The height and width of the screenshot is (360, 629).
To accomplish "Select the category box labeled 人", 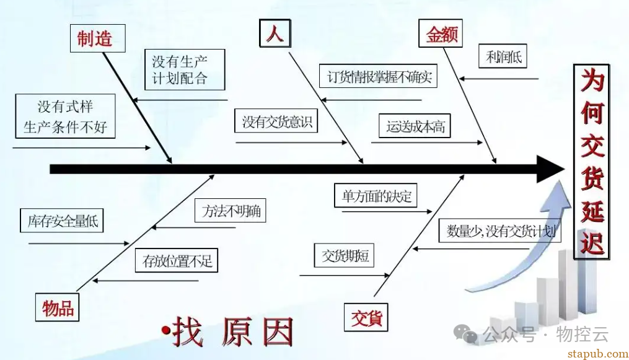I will [275, 33].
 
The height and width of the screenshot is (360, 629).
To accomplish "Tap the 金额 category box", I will [442, 34].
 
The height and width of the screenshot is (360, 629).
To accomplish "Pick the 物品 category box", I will [58, 308].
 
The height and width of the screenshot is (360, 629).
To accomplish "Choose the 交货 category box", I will [367, 318].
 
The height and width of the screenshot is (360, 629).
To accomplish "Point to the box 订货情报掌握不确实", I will [378, 77].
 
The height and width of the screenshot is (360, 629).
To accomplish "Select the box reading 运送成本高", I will [415, 126].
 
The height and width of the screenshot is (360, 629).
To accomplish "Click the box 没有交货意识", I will [276, 121].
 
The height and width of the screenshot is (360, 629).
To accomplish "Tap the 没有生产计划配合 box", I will [180, 70].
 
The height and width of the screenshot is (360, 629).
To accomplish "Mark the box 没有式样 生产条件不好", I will [66, 116].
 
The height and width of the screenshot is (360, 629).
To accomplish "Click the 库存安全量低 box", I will [62, 221].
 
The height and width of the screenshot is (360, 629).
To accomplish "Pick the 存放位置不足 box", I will [177, 260].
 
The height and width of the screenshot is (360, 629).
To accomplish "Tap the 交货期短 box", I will [345, 255].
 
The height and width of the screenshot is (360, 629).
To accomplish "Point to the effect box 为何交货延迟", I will [592, 162].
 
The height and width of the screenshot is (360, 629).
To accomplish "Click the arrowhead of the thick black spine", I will [550, 169].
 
